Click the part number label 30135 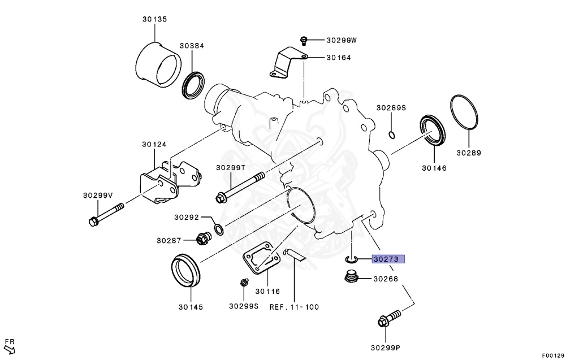click(154, 19)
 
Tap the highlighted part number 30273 click(388, 260)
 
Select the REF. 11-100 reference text click(294, 307)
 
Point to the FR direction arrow click(10, 346)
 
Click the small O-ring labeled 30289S click(391, 135)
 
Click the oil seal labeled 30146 click(433, 130)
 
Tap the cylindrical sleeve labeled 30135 click(159, 63)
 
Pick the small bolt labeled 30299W click(304, 40)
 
